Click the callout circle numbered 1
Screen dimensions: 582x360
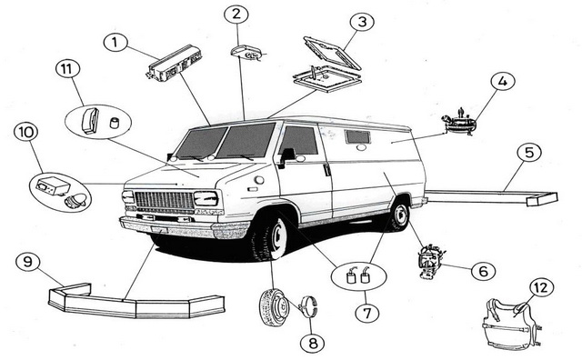[x=115, y=43]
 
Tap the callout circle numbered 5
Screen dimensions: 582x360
[x=529, y=153]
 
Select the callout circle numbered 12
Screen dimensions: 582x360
[x=542, y=287]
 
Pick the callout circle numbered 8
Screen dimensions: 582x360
[x=312, y=344]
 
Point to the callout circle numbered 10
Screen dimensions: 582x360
[x=26, y=133]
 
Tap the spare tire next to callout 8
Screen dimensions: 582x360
[x=275, y=307]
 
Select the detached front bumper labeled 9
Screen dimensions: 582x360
[x=135, y=301]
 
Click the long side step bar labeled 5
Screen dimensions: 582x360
[x=491, y=197]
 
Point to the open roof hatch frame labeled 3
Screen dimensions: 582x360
[x=332, y=53]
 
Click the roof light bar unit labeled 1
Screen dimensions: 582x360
[x=174, y=63]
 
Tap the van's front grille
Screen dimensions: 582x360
[x=164, y=201]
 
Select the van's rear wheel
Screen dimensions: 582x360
[x=399, y=215]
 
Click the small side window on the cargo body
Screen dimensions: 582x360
[x=357, y=136]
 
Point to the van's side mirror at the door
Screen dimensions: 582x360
[x=287, y=155]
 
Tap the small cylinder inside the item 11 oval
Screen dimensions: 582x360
[x=115, y=123]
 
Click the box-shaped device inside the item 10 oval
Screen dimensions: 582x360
[x=53, y=185]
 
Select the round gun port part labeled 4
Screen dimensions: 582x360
[x=459, y=123]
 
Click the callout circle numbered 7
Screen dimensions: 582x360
[x=367, y=314]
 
